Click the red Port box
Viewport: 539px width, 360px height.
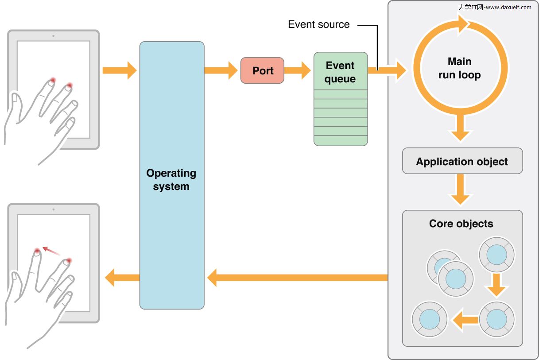coord(262,70)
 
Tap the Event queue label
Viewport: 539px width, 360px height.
coord(340,72)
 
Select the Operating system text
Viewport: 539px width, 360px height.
coord(171,180)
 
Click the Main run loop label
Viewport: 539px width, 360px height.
coord(459,68)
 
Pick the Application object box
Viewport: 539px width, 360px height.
coord(462,161)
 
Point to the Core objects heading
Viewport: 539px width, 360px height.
coord(461,224)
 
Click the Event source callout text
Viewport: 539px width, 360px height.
coord(318,25)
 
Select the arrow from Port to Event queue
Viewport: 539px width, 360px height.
coord(297,70)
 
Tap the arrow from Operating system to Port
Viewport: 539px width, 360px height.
coord(221,70)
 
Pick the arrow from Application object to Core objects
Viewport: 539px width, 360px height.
coord(461,190)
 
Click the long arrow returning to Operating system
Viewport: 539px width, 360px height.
coord(298,278)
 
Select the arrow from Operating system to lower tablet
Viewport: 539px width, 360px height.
coord(122,278)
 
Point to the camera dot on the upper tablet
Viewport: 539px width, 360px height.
coord(53,36)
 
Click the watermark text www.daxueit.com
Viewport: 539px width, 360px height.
coord(508,7)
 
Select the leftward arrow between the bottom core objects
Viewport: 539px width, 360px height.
coord(464,320)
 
